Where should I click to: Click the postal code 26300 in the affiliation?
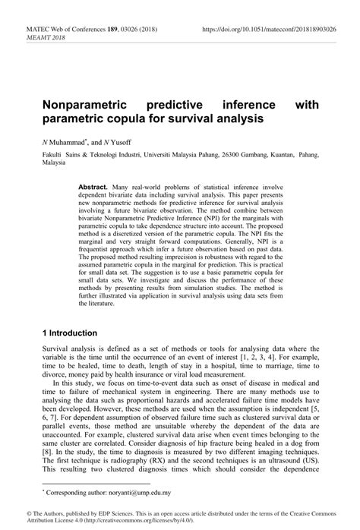(x=221, y=154)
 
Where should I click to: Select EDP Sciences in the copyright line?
(x=109, y=513)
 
